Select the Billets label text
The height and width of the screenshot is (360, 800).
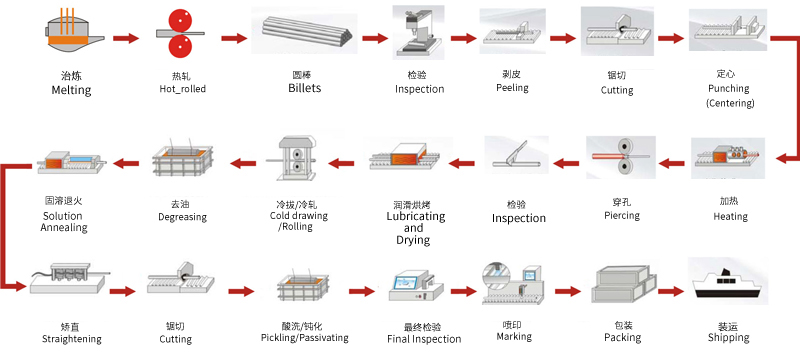click(305, 88)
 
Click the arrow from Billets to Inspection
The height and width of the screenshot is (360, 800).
click(375, 38)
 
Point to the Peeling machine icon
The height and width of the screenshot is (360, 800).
click(512, 32)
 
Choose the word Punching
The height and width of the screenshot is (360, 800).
click(729, 88)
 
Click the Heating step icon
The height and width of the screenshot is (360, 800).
click(729, 158)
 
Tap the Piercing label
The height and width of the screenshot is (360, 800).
click(621, 215)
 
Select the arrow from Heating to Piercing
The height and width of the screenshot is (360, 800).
click(671, 164)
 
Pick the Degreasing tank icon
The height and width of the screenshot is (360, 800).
click(183, 160)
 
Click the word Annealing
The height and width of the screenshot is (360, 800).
click(64, 227)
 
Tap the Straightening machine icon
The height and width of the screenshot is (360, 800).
click(67, 279)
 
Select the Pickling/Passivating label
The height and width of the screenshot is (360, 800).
click(305, 338)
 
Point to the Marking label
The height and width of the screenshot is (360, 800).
click(514, 337)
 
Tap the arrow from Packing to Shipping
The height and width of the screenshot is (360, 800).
click(671, 291)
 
